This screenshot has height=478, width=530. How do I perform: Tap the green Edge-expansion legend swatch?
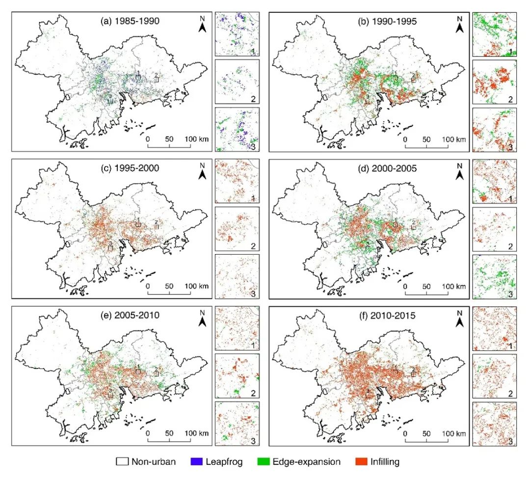coord(263,462)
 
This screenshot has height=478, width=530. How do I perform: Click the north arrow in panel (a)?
coord(202,25)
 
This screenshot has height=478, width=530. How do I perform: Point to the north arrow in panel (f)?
coord(459,319)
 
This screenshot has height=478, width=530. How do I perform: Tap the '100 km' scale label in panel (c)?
coord(197,286)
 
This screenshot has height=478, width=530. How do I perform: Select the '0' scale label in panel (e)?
coord(148,433)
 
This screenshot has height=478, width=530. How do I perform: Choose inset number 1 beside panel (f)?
coord(510,346)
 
